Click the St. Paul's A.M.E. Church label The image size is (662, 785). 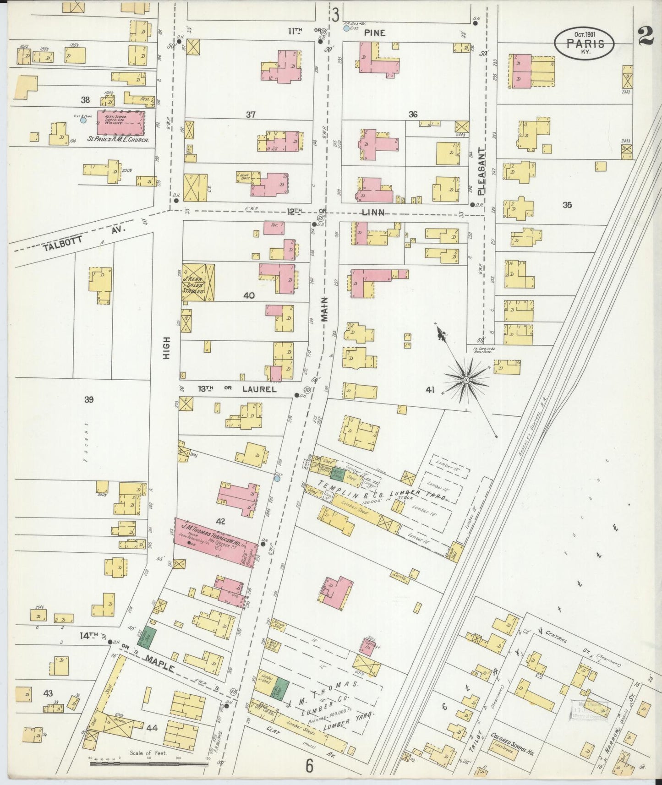click(118, 141)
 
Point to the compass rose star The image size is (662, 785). click(465, 380)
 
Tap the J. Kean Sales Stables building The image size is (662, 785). click(198, 282)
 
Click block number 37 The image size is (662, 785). click(250, 114)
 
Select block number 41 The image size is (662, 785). click(429, 390)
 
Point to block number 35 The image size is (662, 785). click(567, 205)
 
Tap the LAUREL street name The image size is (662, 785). click(259, 389)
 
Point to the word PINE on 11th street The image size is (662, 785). click(375, 33)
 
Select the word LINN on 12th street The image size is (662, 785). click(373, 212)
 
